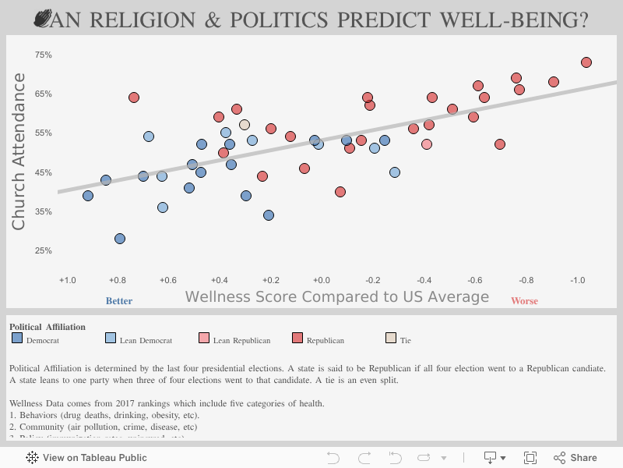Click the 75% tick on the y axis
43,55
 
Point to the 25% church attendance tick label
43,251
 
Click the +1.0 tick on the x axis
68,279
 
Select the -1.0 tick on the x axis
577,279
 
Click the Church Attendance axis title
19,151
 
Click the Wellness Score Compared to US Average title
336,297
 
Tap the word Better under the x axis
118,301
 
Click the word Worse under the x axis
524,301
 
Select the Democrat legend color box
17,339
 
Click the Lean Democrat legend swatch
111,339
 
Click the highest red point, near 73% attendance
586,62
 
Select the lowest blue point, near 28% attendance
120,239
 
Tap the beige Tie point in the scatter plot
245,125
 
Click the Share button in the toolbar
575,458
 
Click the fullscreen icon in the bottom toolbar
530,458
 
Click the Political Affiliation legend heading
48,327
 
